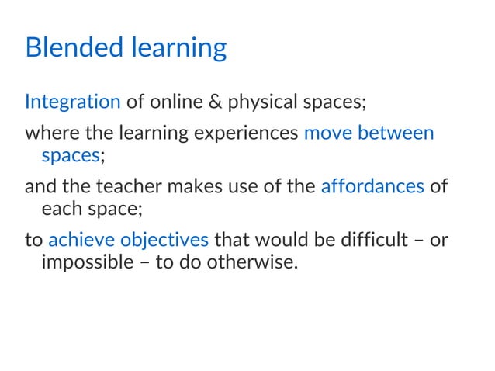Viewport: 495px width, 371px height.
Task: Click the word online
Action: [170, 102]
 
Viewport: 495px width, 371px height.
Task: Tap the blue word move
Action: [329, 133]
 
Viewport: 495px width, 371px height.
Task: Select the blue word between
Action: [396, 133]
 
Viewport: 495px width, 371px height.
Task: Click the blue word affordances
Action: [372, 186]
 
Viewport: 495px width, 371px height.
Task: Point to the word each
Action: [58, 209]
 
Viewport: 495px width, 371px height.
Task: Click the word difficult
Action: [367, 239]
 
